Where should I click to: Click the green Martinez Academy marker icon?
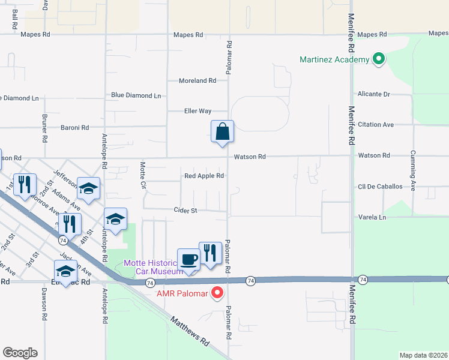pyautogui.click(x=379, y=59)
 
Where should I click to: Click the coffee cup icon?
pyautogui.click(x=189, y=260)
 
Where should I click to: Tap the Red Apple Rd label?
pyautogui.click(x=204, y=176)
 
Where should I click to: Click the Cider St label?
pyautogui.click(x=185, y=211)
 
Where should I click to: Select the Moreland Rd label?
pyautogui.click(x=197, y=80)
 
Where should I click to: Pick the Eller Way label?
pyautogui.click(x=197, y=111)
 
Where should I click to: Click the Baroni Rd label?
pyautogui.click(x=74, y=127)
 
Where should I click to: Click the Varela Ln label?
pyautogui.click(x=372, y=217)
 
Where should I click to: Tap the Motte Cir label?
pyautogui.click(x=143, y=173)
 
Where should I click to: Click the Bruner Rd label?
pyautogui.click(x=44, y=127)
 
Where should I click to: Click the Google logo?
pyautogui.click(x=20, y=353)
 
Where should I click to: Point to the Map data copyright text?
pyautogui.click(x=424, y=355)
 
